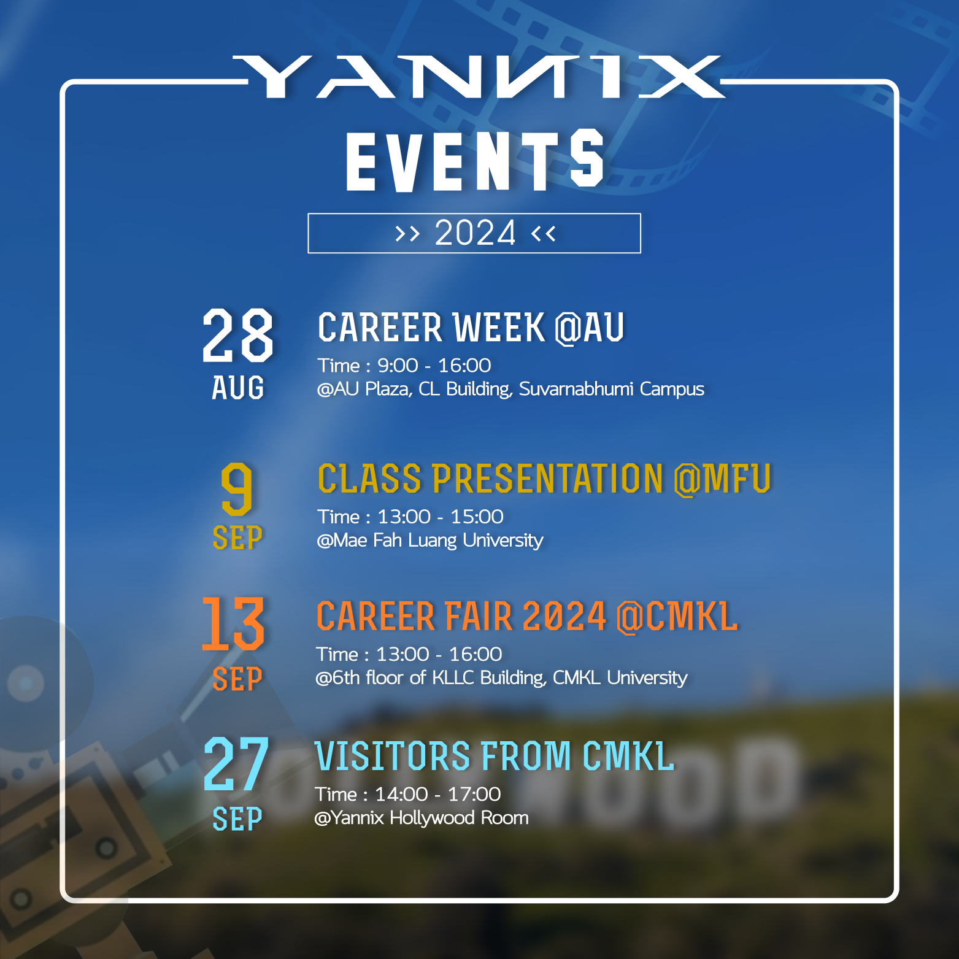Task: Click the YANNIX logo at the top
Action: point(478,77)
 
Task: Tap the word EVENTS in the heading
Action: point(475,161)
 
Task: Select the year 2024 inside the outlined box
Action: point(475,233)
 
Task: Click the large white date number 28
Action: point(237,335)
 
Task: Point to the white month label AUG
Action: point(238,388)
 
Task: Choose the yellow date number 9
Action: point(237,489)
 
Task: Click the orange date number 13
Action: point(233,624)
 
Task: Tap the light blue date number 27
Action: point(236,764)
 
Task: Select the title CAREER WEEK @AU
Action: point(471,328)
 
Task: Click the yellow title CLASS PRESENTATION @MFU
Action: point(544,479)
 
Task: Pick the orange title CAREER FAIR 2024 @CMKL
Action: point(526,617)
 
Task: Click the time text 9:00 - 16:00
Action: point(434,366)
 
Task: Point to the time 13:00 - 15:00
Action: point(440,517)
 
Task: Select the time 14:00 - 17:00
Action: point(437,795)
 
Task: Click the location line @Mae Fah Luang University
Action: point(429,541)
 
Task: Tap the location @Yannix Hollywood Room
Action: point(421,818)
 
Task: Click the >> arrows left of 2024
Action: point(407,233)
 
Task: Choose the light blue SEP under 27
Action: point(237,819)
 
